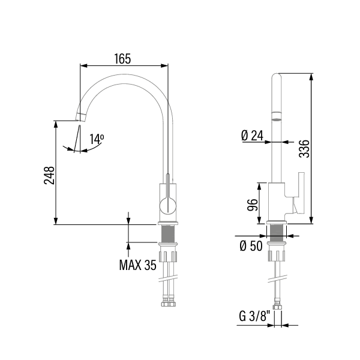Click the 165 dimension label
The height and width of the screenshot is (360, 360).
[122, 59]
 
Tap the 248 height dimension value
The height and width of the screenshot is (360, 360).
[49, 175]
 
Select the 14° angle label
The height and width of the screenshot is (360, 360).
[97, 139]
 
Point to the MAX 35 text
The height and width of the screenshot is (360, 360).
[138, 265]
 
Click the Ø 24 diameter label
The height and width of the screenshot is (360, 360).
[253, 136]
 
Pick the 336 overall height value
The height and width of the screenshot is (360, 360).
[304, 149]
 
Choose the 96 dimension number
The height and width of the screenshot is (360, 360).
[253, 205]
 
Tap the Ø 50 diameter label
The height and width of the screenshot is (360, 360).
[251, 246]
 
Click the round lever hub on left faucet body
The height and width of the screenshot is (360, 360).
[168, 205]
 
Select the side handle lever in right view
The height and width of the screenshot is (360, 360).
[298, 193]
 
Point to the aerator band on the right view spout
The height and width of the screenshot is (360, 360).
[276, 116]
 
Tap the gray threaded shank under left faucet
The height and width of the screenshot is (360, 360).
[168, 233]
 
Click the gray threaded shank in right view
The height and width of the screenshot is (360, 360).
[276, 232]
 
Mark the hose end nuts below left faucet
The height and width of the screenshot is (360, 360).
[169, 302]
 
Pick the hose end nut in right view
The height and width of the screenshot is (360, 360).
[277, 305]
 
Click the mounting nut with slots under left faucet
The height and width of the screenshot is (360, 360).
[168, 256]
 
